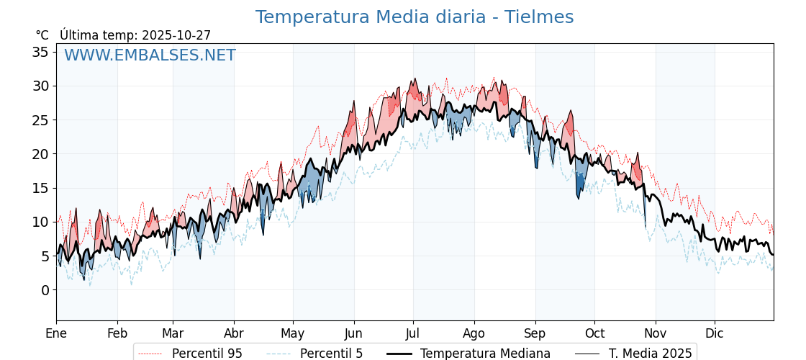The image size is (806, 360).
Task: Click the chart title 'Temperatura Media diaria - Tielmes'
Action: tap(415, 17)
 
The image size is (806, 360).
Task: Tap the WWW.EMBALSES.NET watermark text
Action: tap(150, 55)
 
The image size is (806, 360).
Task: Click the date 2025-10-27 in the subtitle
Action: tap(176, 35)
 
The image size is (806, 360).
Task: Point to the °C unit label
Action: tap(42, 35)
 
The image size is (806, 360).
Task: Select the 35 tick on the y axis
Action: tap(40, 52)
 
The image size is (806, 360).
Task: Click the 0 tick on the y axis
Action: tap(45, 290)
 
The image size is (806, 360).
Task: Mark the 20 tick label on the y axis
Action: tap(40, 154)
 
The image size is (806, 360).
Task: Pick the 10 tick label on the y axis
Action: tap(40, 222)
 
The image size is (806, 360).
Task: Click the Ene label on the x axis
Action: tap(56, 333)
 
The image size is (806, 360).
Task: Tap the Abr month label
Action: tap(234, 333)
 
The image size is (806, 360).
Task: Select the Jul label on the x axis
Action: tap(413, 333)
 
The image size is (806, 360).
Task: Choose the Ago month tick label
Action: tap(474, 333)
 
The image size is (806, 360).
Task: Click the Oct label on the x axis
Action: tap(594, 333)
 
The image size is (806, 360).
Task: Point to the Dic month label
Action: tap(715, 333)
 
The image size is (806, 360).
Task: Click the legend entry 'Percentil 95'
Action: tap(207, 354)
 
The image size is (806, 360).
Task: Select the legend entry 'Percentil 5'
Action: tap(331, 354)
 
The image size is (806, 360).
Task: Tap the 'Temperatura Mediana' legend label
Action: tap(485, 354)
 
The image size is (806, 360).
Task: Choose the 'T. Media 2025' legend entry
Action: tap(650, 354)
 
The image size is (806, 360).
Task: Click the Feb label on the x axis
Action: tap(117, 333)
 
